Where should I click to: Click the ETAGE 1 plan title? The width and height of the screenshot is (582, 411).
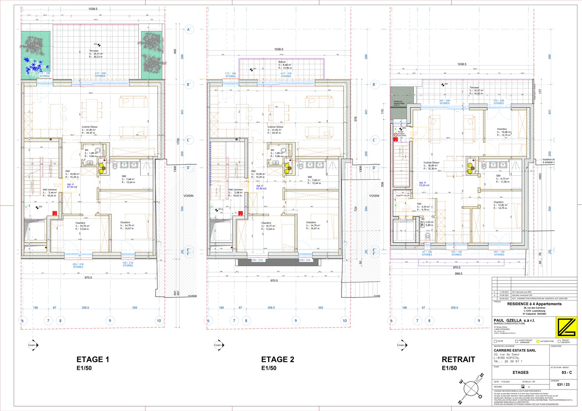(x=93, y=359)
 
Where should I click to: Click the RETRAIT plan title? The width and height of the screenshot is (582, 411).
(x=458, y=359)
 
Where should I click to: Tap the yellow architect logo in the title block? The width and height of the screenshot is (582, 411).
(x=566, y=327)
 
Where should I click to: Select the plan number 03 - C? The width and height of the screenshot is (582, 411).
(x=566, y=372)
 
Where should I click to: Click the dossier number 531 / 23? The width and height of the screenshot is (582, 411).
(x=563, y=384)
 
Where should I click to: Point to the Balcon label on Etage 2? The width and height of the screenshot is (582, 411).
(x=282, y=62)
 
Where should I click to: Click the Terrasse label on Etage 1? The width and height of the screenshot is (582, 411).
(x=94, y=51)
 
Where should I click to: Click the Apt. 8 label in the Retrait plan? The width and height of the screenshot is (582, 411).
(x=422, y=183)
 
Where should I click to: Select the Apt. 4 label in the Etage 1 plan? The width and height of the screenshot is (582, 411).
(x=70, y=184)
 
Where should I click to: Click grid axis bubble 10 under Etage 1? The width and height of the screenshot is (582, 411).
(x=159, y=320)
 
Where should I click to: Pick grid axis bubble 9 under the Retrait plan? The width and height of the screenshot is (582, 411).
(x=479, y=320)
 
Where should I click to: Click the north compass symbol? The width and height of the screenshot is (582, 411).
(x=471, y=389)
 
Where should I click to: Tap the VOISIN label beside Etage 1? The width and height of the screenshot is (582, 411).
(x=188, y=196)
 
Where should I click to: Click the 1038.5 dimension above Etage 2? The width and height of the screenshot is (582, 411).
(x=279, y=49)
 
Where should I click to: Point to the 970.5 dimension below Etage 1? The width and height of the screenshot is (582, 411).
(x=88, y=278)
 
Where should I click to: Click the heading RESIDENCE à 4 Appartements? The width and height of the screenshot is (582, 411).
(x=534, y=304)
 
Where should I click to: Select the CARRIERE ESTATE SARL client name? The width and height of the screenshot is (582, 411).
(x=515, y=350)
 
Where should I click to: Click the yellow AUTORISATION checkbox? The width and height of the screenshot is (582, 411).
(x=538, y=341)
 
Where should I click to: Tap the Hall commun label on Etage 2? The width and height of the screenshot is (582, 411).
(x=235, y=189)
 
